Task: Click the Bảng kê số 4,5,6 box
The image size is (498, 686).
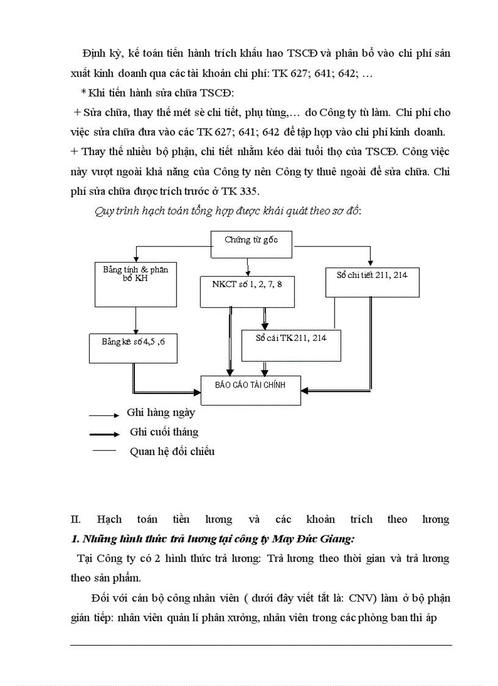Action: [x=133, y=349]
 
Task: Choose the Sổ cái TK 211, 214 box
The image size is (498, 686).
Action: [x=291, y=345]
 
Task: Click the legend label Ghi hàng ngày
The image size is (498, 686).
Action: [x=161, y=412]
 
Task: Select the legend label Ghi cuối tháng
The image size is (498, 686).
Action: [x=164, y=432]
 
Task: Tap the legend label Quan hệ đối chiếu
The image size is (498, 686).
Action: [x=172, y=451]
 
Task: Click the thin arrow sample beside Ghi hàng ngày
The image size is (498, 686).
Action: [x=104, y=415]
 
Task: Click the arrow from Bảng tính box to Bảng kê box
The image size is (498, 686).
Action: [x=135, y=320]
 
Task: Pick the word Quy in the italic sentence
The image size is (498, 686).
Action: [x=104, y=211]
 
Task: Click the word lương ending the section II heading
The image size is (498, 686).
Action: [x=436, y=519]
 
